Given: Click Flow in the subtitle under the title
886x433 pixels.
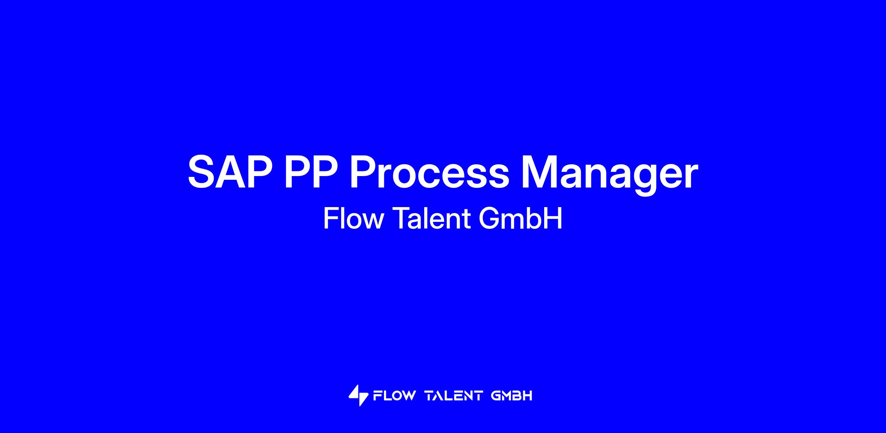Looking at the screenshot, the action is click(354, 219).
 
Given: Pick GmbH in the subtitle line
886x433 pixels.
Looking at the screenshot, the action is click(520, 219).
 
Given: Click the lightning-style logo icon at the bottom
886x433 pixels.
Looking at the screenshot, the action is click(358, 395).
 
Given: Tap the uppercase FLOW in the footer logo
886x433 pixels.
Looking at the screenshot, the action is click(394, 396).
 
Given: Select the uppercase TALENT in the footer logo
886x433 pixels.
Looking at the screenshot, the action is click(454, 396).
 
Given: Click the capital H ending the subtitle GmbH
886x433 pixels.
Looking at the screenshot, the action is click(554, 219).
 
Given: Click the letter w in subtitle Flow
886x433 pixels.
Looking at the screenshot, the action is click(373, 221).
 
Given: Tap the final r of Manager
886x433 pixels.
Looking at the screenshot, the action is click(691, 176).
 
